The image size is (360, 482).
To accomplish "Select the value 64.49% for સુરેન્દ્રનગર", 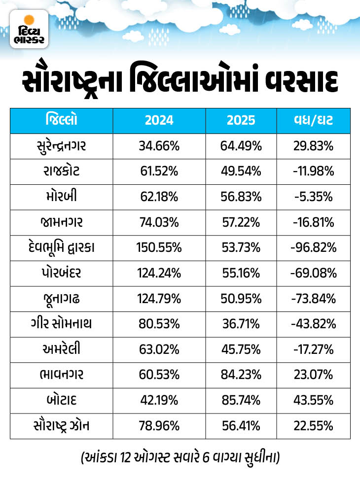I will tap(242, 146).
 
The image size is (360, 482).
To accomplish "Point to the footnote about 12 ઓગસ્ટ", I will tap(180, 458).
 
